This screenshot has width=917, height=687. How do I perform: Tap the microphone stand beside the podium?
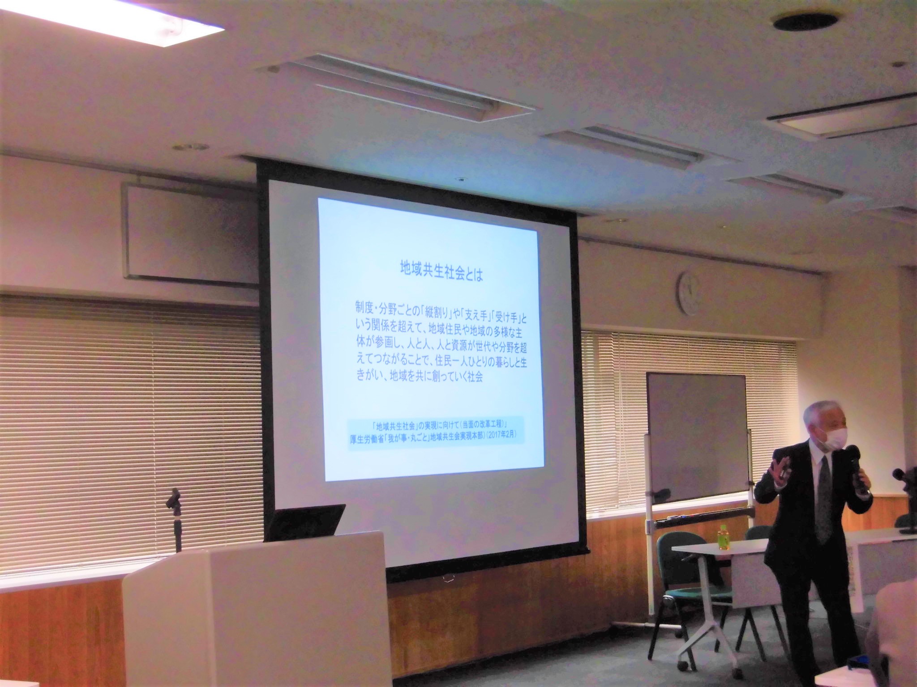click(175, 519)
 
